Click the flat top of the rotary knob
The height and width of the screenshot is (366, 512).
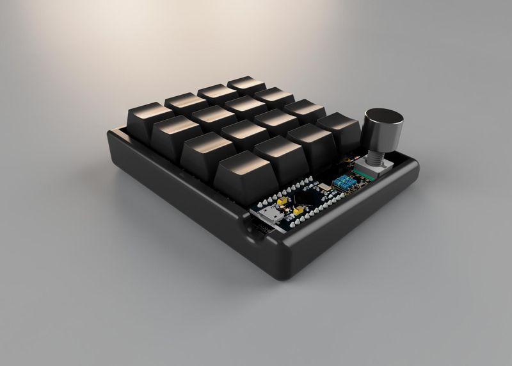pos(384,116)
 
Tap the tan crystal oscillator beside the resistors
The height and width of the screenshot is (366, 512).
pos(324,187)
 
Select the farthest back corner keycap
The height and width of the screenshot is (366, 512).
pos(246,85)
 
